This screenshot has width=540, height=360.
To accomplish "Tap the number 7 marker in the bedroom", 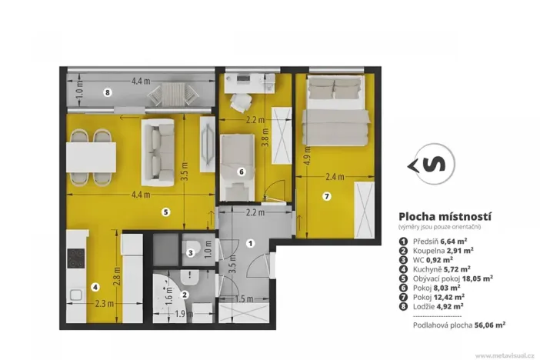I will tap(326, 197).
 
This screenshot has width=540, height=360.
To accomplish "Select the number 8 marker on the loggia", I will tap(108, 92).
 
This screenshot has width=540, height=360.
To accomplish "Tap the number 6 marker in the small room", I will tap(241, 172).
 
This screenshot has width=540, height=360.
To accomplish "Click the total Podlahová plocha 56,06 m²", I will tap(455, 325).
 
